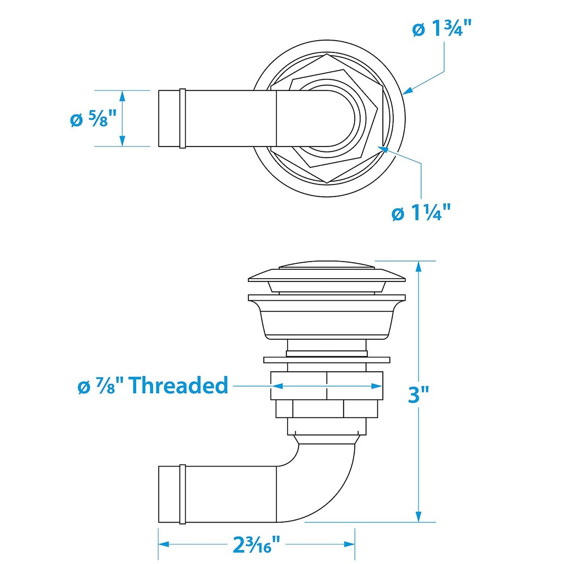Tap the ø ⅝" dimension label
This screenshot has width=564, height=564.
(94, 119)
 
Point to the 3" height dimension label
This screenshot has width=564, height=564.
(418, 394)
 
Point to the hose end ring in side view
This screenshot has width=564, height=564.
(182, 493)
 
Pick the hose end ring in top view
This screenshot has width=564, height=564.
(182, 118)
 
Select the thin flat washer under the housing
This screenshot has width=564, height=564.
(327, 360)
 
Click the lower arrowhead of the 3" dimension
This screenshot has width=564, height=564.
(419, 517)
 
